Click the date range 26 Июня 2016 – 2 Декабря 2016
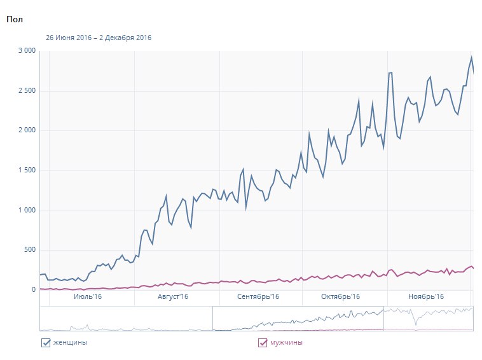pyautogui.click(x=99, y=38)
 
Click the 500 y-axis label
pyautogui.click(x=29, y=250)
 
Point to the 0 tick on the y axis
pyautogui.click(x=33, y=290)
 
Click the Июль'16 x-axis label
pyautogui.click(x=88, y=297)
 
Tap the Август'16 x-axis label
pyautogui.click(x=172, y=297)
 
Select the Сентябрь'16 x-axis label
pyautogui.click(x=258, y=297)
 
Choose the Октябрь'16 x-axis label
pyautogui.click(x=341, y=297)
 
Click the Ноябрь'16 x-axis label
pyautogui.click(x=425, y=297)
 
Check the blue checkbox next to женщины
pyautogui.click(x=45, y=343)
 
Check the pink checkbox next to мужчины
pyautogui.click(x=263, y=343)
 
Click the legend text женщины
pyautogui.click(x=70, y=343)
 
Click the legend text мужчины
pyautogui.click(x=286, y=343)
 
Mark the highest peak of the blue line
pyautogui.click(x=471, y=57)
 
